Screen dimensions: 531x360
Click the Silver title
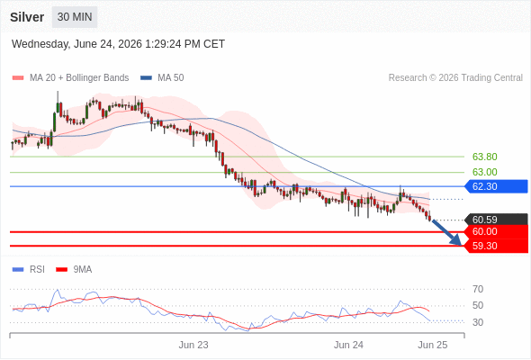[27, 17]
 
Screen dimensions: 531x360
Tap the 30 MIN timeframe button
[75, 17]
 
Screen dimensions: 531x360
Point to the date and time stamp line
[118, 44]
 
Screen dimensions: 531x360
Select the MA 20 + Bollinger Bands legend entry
[70, 78]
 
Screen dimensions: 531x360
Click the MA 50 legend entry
[162, 78]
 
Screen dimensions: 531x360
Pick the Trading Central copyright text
[455, 78]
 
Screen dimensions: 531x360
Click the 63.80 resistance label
[484, 157]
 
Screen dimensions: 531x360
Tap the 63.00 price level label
[484, 172]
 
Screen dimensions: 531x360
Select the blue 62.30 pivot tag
[496, 186]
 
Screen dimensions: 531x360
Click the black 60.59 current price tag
[496, 220]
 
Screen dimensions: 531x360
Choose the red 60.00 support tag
[496, 231]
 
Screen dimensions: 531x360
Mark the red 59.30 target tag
[496, 246]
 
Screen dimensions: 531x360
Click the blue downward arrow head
[457, 241]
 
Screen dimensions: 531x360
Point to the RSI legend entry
[29, 270]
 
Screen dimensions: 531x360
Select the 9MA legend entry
[74, 270]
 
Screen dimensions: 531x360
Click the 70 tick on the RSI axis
[478, 289]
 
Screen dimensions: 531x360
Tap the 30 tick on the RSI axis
[478, 322]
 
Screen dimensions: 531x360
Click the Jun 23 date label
[193, 345]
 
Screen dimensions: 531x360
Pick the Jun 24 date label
[348, 345]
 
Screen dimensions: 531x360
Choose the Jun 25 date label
[433, 345]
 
